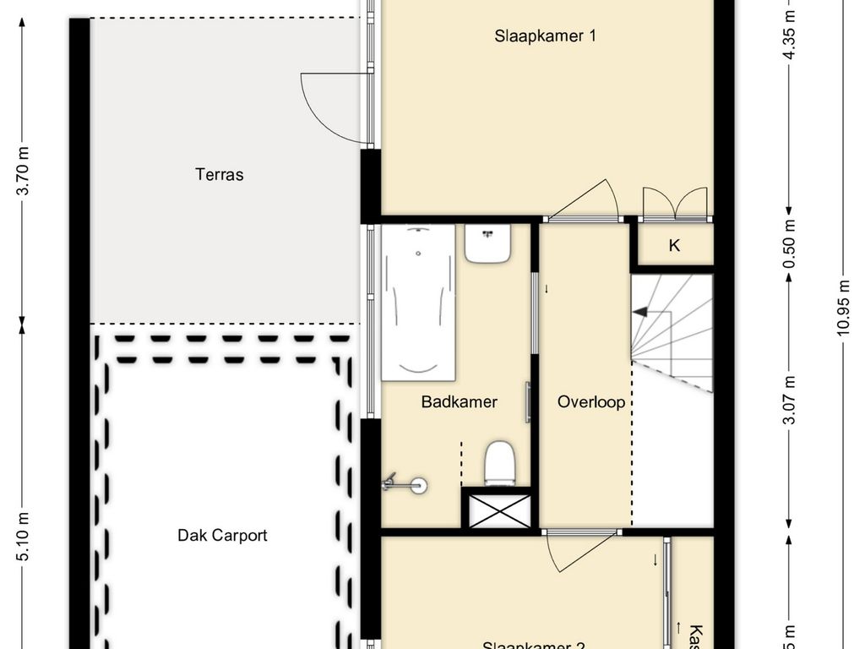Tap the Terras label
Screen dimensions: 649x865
tap(219, 175)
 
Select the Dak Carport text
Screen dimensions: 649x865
tap(222, 535)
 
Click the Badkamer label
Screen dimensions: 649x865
tap(459, 402)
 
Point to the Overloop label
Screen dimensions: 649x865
tap(591, 402)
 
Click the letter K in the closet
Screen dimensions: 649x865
tap(674, 246)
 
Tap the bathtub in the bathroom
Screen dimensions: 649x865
tap(418, 302)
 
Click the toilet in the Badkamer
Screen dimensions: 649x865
tap(499, 463)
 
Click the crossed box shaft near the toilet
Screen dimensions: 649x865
tap(498, 510)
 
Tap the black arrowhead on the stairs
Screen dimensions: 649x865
tap(640, 312)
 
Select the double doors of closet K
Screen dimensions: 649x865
tap(674, 204)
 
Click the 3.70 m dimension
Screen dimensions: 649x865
tap(24, 171)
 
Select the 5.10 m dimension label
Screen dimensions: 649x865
tap(24, 536)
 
